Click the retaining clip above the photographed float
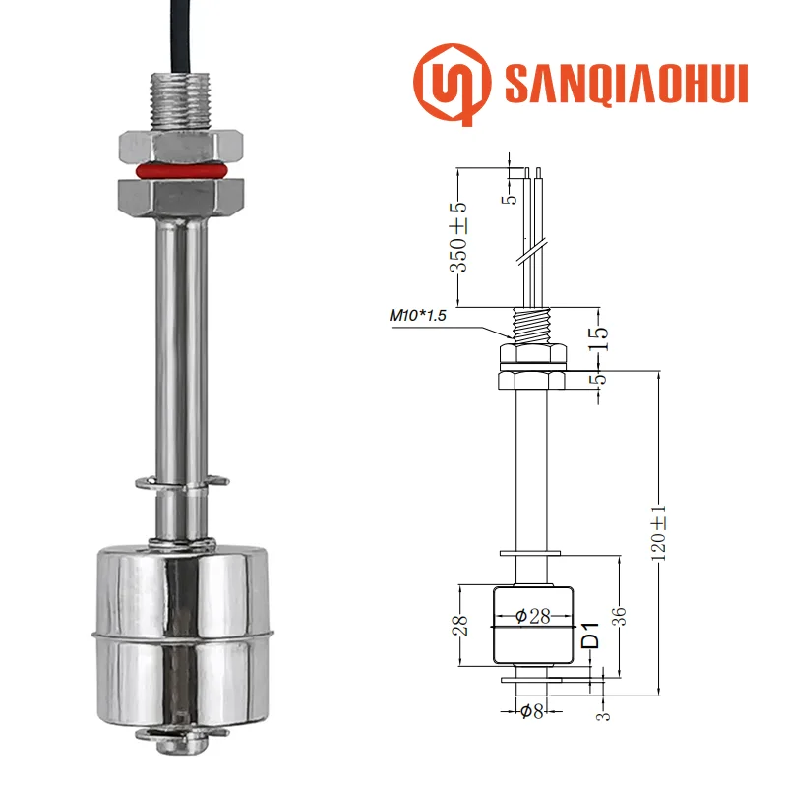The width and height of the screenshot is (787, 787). [180, 482]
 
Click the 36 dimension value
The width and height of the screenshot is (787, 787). [620, 616]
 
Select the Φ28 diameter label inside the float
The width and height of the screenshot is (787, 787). [532, 617]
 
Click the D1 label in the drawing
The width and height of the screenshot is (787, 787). [590, 636]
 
